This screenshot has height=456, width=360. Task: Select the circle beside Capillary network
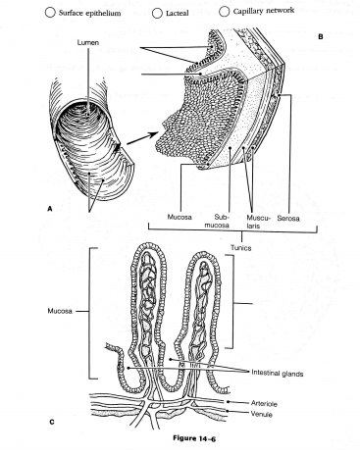click(x=226, y=12)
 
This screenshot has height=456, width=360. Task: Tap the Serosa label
click(x=288, y=212)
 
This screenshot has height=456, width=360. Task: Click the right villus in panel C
click(x=209, y=304)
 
